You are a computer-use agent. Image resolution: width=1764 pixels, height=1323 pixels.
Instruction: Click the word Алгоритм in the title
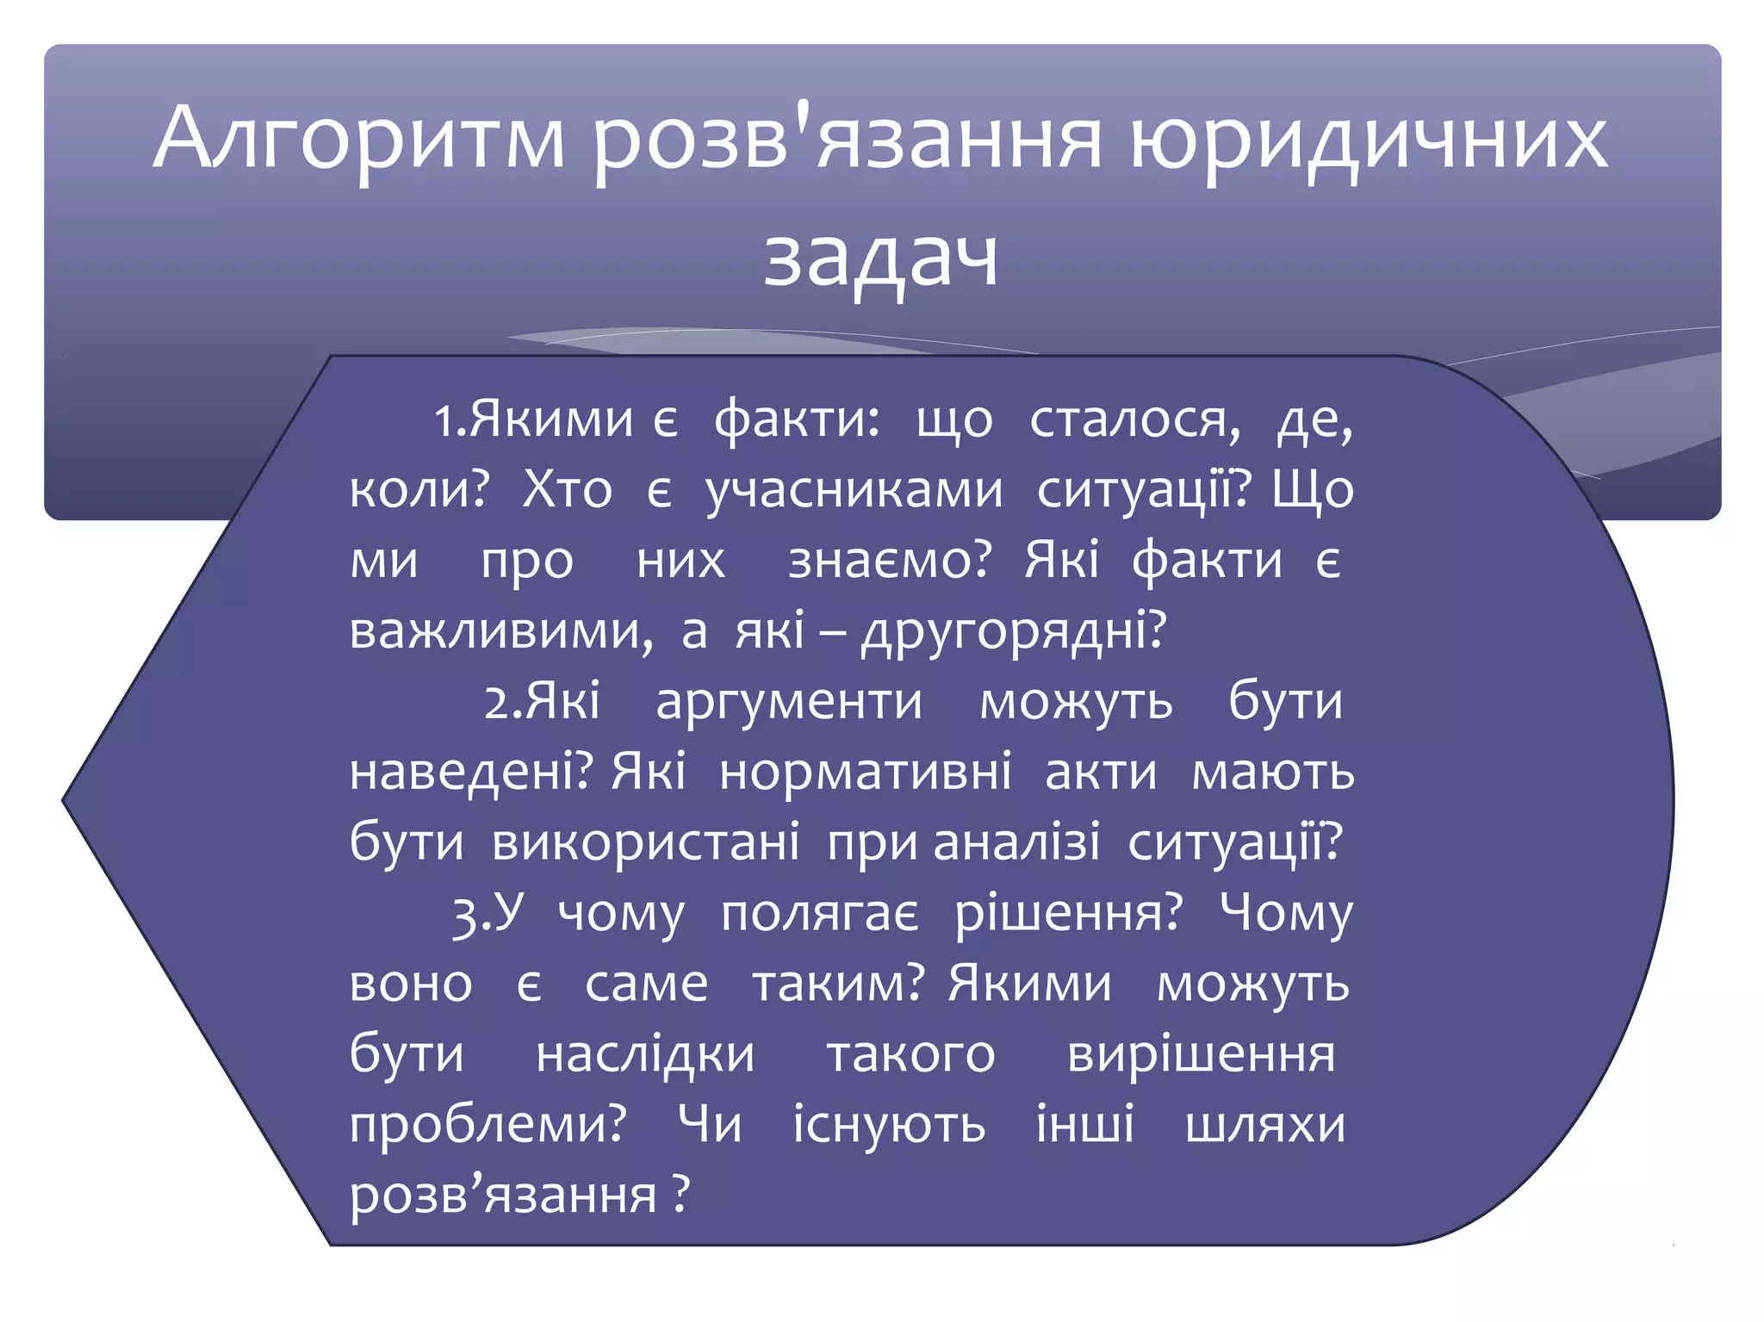pyautogui.click(x=359, y=138)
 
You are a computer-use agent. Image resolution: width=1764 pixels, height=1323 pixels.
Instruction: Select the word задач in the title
pyautogui.click(x=881, y=257)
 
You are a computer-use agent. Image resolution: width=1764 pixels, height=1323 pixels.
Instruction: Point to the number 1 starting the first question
pyautogui.click(x=443, y=421)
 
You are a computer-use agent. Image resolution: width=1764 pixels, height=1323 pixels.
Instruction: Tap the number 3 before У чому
pyautogui.click(x=464, y=915)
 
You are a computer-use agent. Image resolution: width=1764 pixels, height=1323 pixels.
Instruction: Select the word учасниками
pyautogui.click(x=854, y=491)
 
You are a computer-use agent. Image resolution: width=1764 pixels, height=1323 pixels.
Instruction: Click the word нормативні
pyautogui.click(x=865, y=772)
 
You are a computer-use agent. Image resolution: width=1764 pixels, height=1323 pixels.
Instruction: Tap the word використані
pyautogui.click(x=645, y=842)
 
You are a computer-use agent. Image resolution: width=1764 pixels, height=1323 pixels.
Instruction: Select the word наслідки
pyautogui.click(x=645, y=1054)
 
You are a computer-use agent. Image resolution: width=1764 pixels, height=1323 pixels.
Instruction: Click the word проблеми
pyautogui.click(x=487, y=1125)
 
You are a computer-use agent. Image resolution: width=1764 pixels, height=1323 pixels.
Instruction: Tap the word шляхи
pyautogui.click(x=1264, y=1125)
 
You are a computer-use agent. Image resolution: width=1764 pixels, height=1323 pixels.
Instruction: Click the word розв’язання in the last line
pyautogui.click(x=503, y=1196)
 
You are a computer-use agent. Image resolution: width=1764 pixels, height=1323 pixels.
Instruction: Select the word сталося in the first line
pyautogui.click(x=1135, y=420)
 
